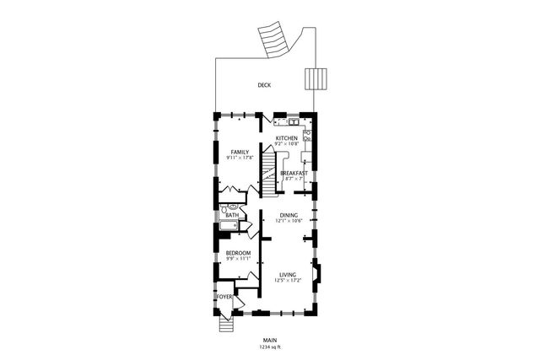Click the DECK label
coord(264,85)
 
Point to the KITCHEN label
coord(287,137)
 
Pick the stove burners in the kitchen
coord(307,135)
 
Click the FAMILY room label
coord(240,152)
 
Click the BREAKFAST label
coord(294,173)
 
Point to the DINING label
coord(289,215)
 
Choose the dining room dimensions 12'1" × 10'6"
coord(289,221)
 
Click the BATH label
coord(231,216)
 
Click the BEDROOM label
coord(238,253)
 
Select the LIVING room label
coord(288,275)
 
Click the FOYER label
coord(224,297)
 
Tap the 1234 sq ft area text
coord(270,347)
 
